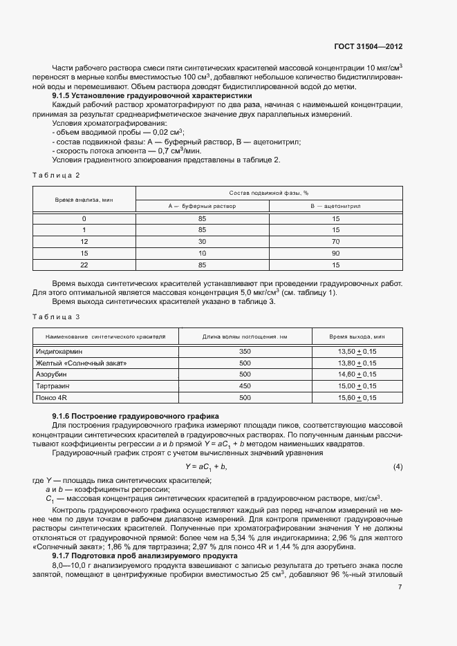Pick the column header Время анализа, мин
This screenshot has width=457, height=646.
pos(84,199)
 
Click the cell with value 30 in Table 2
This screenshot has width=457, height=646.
pos(202,241)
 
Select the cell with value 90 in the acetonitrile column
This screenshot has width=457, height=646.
pos(335,253)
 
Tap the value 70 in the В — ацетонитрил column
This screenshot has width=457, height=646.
pos(335,241)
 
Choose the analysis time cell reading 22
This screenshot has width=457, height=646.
pos(84,265)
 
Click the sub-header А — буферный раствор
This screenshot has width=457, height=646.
pos(202,206)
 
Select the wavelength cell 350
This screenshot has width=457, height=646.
pos(245,351)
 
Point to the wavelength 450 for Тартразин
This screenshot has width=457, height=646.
pos(245,386)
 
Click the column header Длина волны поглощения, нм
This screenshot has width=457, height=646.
pos(245,336)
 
